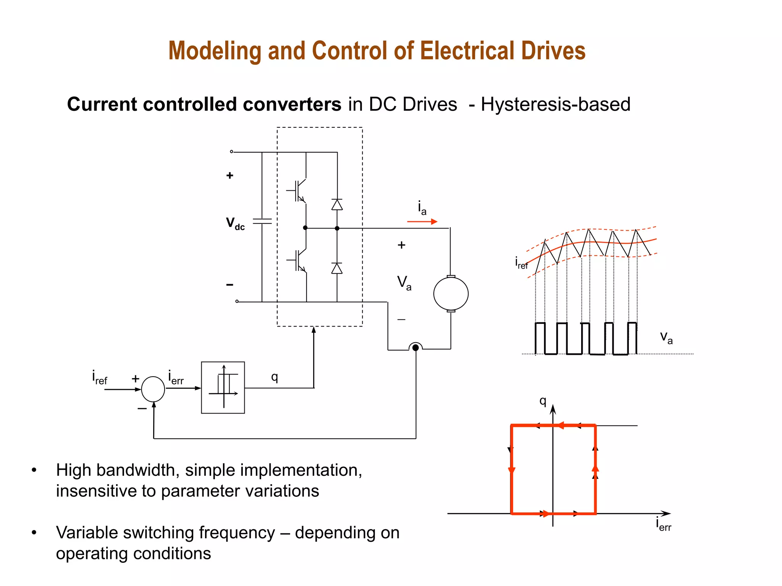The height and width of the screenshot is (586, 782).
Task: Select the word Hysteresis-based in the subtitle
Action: [556, 104]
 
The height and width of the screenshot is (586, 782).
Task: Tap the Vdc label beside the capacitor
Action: [235, 224]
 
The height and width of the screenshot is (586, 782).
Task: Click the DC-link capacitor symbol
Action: [262, 221]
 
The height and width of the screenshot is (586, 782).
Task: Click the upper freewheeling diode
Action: [337, 205]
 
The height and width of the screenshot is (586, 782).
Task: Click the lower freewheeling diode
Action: [337, 269]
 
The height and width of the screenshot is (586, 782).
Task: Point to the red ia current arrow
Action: [422, 221]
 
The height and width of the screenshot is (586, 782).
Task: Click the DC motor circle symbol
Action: [451, 293]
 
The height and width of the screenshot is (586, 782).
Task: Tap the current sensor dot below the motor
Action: [415, 348]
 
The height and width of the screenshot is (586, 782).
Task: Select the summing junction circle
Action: [153, 389]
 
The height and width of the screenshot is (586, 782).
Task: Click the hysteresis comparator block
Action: [223, 387]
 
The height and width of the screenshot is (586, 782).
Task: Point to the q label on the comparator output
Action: [275, 377]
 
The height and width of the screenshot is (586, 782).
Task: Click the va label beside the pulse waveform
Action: [666, 337]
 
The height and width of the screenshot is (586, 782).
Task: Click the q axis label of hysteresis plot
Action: [543, 401]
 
